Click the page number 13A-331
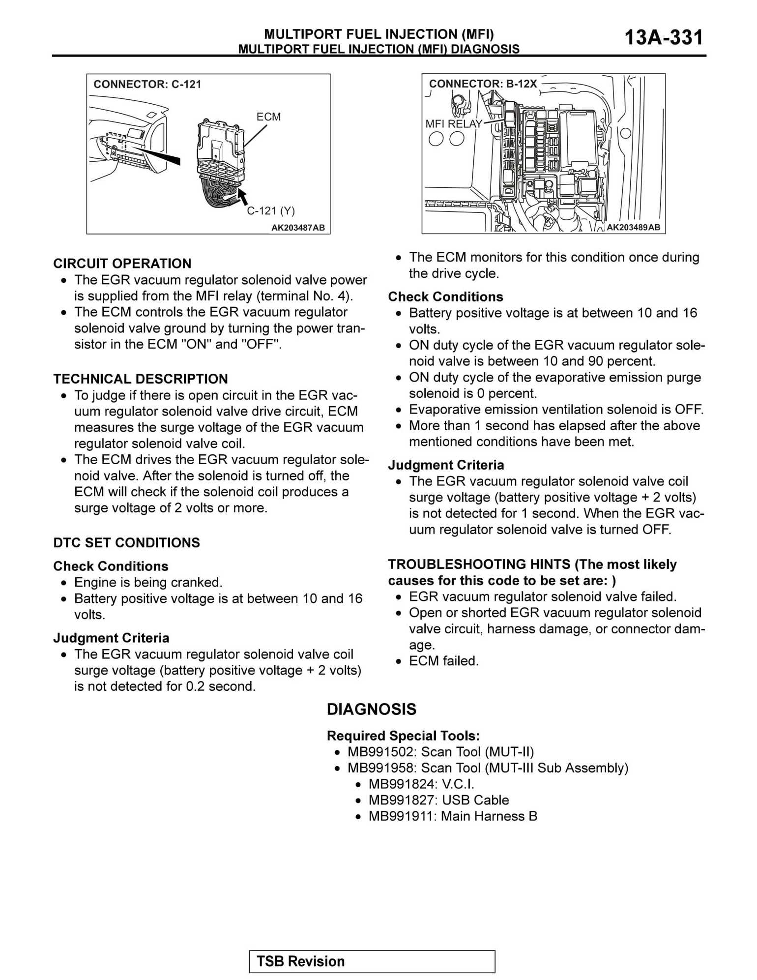[663, 37]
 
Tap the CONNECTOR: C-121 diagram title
[147, 84]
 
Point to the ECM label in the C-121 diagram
[268, 117]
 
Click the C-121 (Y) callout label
[271, 211]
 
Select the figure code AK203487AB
[298, 228]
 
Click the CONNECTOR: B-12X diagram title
[483, 84]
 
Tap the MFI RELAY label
[454, 124]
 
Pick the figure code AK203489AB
[633, 227]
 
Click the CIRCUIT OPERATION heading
[122, 264]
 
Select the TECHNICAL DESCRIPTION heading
[141, 379]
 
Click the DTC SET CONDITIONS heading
[126, 543]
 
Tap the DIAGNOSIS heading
[371, 709]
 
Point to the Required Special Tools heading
[403, 736]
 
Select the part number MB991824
[402, 784]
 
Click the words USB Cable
[475, 800]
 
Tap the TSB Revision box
[372, 961]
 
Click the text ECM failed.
[443, 661]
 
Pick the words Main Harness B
[489, 816]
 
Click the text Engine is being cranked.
[148, 583]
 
